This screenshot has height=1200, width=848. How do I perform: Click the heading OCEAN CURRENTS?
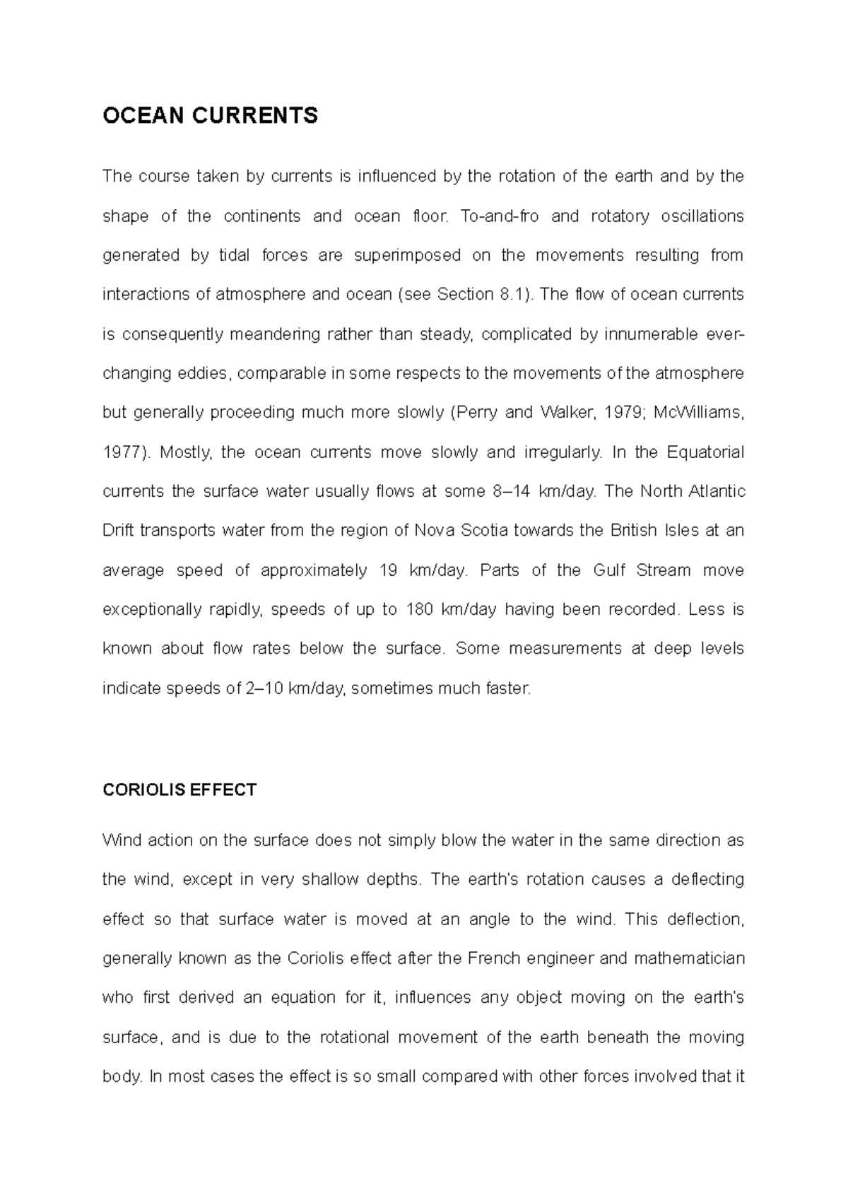click(x=210, y=115)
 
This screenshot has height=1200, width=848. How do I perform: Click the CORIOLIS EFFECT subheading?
click(x=179, y=789)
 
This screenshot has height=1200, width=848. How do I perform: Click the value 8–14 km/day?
click(x=543, y=492)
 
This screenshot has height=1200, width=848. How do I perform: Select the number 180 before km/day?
click(x=419, y=610)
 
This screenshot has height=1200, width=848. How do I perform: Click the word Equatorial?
click(x=705, y=452)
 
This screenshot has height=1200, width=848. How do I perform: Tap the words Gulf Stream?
click(x=642, y=570)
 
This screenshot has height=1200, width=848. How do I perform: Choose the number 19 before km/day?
click(x=388, y=570)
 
